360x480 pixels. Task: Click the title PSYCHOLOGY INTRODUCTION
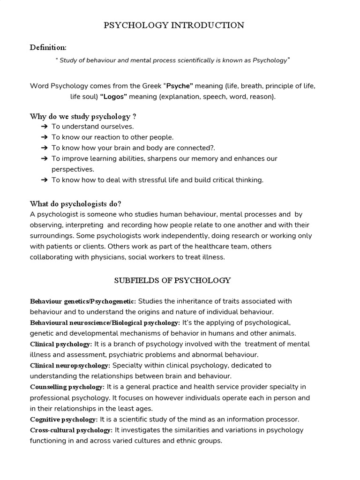coord(174,25)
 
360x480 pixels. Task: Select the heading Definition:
coord(48,47)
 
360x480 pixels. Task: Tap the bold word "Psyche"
coord(179,86)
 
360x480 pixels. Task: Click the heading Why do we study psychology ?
coord(83,116)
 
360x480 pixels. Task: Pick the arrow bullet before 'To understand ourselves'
coord(44,127)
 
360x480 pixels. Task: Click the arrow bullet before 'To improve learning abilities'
coord(44,159)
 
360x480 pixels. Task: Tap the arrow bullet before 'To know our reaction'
coord(44,137)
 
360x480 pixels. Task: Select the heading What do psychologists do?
coord(75,203)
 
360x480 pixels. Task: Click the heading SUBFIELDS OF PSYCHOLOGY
coord(172,281)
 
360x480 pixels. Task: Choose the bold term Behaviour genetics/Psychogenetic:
coord(83,301)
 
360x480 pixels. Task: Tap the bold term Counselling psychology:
coord(67,387)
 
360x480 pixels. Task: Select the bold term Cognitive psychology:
coord(64,420)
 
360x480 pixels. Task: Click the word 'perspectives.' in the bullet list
coord(73,169)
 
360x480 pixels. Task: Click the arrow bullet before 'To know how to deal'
coord(44,180)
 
